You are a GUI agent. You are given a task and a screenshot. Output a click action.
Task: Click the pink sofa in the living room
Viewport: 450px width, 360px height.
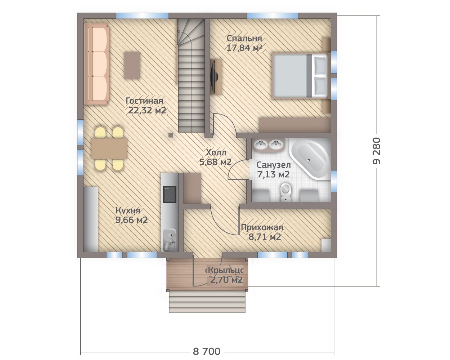(x=96, y=64)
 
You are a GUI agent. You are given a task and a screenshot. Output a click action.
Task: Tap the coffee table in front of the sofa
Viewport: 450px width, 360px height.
(x=132, y=66)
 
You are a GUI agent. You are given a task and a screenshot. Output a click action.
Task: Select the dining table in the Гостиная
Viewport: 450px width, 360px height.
(x=109, y=148)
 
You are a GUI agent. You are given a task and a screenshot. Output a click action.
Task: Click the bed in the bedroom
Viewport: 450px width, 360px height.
(x=300, y=76)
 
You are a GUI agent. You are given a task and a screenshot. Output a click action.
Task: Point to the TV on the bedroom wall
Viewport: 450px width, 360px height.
(x=214, y=77)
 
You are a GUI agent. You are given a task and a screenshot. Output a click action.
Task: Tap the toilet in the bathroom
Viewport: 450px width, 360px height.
(x=285, y=191)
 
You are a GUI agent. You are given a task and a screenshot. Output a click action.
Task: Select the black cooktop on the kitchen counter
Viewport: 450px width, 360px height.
(x=169, y=194)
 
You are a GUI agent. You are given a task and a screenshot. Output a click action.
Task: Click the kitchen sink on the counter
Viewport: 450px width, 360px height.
(x=170, y=240)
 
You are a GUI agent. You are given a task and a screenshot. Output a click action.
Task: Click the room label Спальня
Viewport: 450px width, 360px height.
(x=244, y=39)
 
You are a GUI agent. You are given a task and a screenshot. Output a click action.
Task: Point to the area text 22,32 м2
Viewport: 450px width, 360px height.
(x=147, y=110)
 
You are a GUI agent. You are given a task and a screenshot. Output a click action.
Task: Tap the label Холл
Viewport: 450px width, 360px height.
(x=216, y=152)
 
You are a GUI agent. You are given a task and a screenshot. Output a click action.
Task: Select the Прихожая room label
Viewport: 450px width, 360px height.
(x=262, y=227)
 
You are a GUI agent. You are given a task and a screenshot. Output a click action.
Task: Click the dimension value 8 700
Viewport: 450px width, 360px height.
(x=207, y=334)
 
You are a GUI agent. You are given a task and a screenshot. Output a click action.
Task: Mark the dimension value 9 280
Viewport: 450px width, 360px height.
(x=377, y=151)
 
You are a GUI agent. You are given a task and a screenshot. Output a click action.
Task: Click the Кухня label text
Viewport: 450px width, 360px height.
(x=128, y=210)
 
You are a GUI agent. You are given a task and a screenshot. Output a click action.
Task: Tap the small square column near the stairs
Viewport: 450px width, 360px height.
(x=171, y=135)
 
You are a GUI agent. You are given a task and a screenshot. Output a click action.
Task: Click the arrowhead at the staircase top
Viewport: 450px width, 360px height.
(x=179, y=32)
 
